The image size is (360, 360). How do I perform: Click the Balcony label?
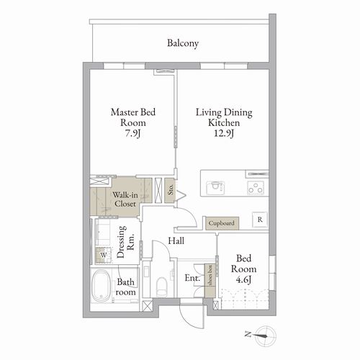click(183, 43)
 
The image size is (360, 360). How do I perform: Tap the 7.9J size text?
click(132, 133)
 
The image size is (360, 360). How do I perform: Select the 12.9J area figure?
click(224, 133)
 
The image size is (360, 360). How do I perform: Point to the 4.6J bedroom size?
click(243, 280)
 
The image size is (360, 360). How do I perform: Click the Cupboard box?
click(222, 223)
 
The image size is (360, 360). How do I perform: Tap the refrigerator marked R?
click(260, 220)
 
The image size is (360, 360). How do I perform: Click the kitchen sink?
click(215, 187)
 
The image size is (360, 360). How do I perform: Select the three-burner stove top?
click(256, 188)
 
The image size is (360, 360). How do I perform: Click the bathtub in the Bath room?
click(101, 286)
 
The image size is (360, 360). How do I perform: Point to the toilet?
click(161, 287)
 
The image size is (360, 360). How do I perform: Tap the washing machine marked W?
click(103, 255)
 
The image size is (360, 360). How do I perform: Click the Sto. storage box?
click(170, 190)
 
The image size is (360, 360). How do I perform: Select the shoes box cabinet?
click(210, 281)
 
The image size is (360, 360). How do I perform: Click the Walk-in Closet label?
click(125, 199)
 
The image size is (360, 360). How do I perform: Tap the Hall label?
click(176, 240)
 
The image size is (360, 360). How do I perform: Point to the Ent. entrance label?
click(192, 278)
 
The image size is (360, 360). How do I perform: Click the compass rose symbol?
click(266, 336)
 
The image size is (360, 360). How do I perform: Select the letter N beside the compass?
click(248, 334)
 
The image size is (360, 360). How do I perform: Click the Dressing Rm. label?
click(125, 242)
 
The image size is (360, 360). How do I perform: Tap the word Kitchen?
click(224, 122)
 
